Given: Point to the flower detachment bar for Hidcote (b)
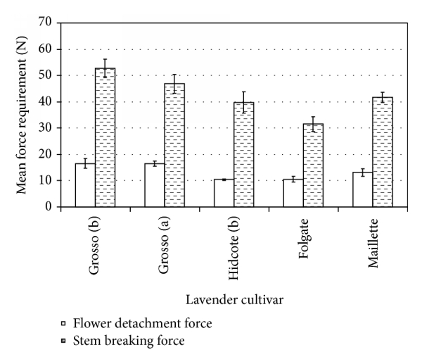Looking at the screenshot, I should coord(224,193).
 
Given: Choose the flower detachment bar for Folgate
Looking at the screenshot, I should coord(293,193).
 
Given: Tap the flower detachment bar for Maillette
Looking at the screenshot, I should coord(363,189).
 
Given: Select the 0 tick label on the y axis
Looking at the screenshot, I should coord(50,207).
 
